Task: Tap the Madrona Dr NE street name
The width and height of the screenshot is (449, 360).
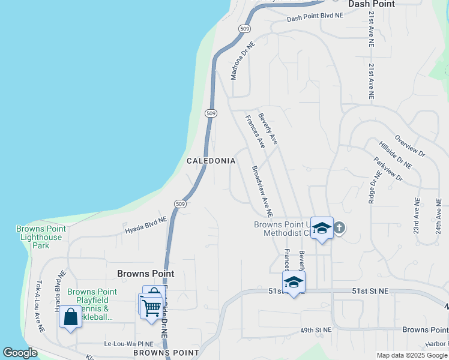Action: tap(243, 61)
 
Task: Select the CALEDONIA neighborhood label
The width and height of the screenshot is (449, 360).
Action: tap(211, 161)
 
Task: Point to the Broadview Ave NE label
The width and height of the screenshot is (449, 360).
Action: tap(262, 191)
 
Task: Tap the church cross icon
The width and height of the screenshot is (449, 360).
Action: tap(339, 227)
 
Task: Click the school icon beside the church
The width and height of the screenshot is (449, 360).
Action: tap(322, 228)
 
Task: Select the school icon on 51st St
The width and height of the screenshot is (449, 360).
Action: tap(294, 282)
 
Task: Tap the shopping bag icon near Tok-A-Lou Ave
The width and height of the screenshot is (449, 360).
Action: tap(71, 317)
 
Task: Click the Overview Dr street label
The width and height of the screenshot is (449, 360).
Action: tap(410, 145)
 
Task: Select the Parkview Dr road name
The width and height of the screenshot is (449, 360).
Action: tap(387, 170)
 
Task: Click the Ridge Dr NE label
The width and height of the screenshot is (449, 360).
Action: tap(372, 186)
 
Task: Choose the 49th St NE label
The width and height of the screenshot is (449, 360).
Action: tap(316, 330)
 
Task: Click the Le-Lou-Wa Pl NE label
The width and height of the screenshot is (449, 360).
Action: tap(129, 344)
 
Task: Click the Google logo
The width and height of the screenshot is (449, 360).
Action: tap(20, 353)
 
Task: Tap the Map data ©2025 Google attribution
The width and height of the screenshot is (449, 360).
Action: tap(411, 355)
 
